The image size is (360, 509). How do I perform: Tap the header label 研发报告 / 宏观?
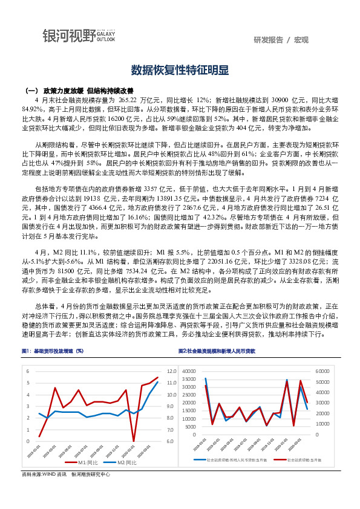[x=281, y=40]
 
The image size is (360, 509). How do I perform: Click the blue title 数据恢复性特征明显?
[x=180, y=70]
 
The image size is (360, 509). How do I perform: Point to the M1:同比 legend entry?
[x=85, y=462]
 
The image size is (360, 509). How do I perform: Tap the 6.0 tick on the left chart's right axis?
[x=171, y=441]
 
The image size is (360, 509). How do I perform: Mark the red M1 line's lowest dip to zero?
[x=134, y=441]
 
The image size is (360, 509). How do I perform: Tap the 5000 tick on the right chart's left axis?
[x=191, y=427]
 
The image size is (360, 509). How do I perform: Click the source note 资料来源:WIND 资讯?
[x=44, y=475]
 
